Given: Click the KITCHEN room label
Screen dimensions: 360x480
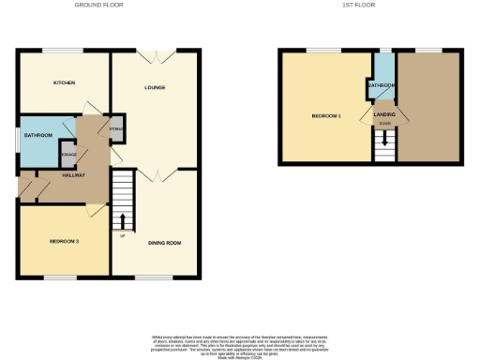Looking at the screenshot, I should pos(64,82).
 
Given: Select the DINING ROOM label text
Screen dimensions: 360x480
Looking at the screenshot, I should pos(164,244).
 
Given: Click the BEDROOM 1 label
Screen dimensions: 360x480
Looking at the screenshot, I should pos(326,116).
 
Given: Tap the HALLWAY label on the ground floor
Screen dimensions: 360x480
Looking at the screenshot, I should pos(73,175).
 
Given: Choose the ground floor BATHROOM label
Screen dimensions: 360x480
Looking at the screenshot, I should pos(38,136).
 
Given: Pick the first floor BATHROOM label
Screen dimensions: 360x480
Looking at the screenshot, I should pos(382,85).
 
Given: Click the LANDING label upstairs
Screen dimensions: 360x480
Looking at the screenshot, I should pos(384,115).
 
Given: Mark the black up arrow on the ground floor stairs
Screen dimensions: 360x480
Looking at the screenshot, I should pos(122,221).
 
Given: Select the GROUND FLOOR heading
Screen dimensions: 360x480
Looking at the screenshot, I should pos(98,6).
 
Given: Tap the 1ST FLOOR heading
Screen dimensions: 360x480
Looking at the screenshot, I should pos(359,6).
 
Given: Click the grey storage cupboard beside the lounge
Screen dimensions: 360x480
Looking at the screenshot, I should pos(115,129).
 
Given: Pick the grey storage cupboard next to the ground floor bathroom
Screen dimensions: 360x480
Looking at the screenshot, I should pos(67,154).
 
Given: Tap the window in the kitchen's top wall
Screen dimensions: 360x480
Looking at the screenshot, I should pos(63,50).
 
